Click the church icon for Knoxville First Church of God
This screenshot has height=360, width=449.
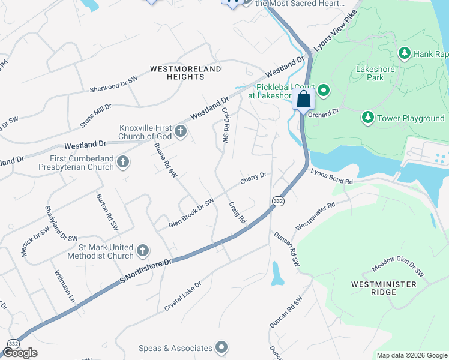pos(179,130)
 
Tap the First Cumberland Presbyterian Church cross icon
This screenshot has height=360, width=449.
pos(123,161)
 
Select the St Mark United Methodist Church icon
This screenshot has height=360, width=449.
pos(142,250)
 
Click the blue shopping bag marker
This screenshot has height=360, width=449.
pos(304,99)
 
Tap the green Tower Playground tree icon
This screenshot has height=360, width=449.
pos(367,118)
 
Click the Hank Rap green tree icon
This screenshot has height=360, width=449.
pos(405,54)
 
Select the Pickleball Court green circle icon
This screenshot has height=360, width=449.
pos(324,91)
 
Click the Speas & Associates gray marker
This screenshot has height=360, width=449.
pos(221,347)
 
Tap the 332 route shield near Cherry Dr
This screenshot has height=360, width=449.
pos(277,202)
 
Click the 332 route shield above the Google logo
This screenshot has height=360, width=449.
pos(12,343)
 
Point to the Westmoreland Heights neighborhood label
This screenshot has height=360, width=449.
pos(185,73)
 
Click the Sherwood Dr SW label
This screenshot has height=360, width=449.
pos(113,83)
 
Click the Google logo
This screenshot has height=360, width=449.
pos(20,353)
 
